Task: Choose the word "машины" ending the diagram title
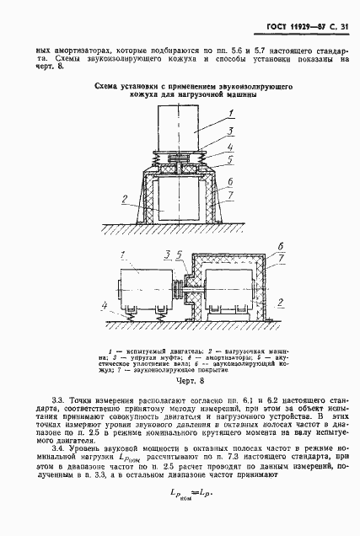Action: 236,97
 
